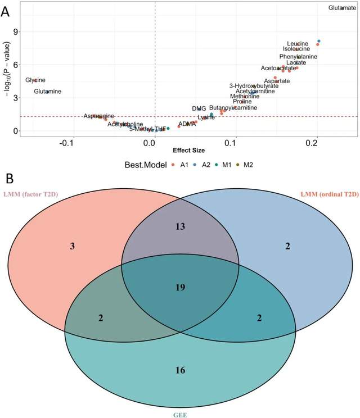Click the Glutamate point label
[x=342, y=8]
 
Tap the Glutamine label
[x=47, y=92]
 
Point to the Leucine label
[x=297, y=44]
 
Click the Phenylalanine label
[x=298, y=57]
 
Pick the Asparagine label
[x=98, y=116]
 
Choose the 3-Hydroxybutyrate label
[x=254, y=86]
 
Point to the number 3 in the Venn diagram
[x=73, y=246]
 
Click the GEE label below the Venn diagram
[x=180, y=415]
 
